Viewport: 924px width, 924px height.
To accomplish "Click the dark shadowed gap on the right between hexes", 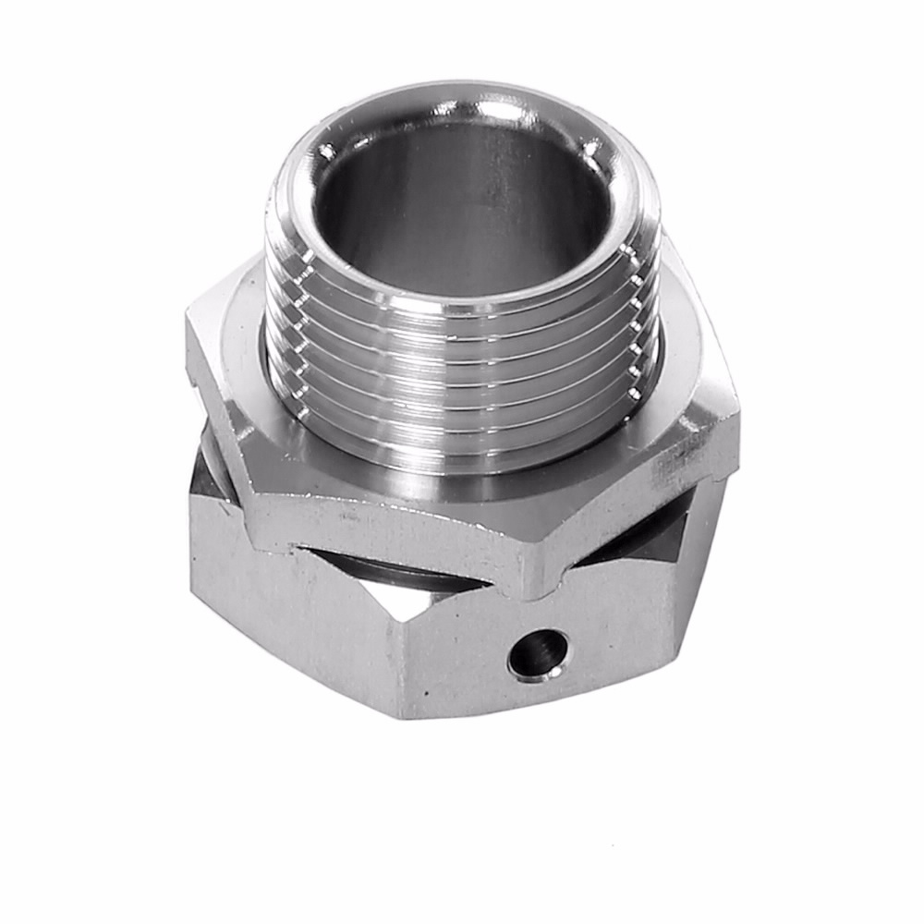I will (x=647, y=545).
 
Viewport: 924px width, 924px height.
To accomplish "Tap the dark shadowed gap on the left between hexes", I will (x=208, y=480).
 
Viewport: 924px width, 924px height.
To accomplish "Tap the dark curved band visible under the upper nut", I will (x=407, y=577).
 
